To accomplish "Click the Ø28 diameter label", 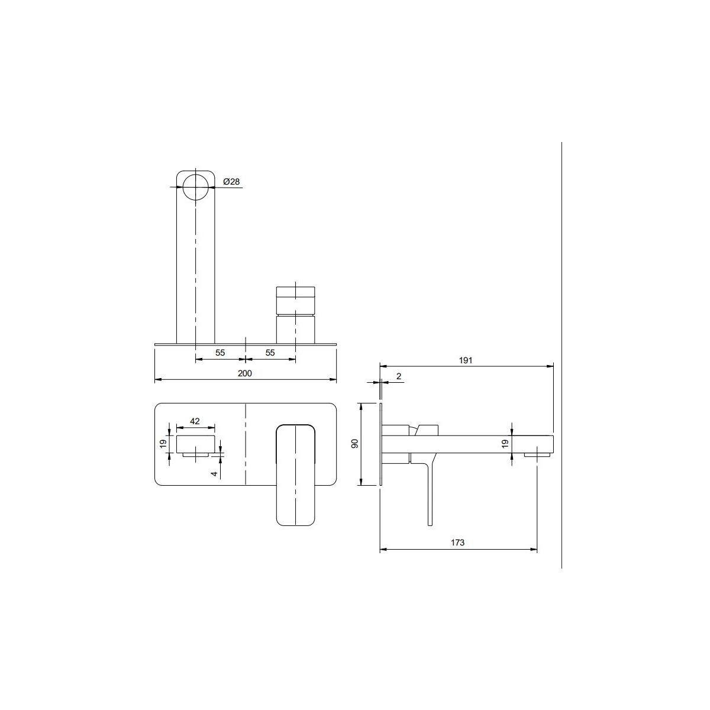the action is pyautogui.click(x=231, y=182).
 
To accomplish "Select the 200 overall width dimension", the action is pyautogui.click(x=244, y=373).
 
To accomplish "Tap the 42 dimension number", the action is pyautogui.click(x=195, y=421).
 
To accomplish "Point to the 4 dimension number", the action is pyautogui.click(x=215, y=473).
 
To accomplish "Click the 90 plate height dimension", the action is pyautogui.click(x=355, y=444).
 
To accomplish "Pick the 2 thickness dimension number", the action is pyautogui.click(x=399, y=376).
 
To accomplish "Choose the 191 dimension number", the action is pyautogui.click(x=466, y=360).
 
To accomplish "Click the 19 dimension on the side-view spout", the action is pyautogui.click(x=505, y=444).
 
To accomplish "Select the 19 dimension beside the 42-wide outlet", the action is pyautogui.click(x=163, y=444).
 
